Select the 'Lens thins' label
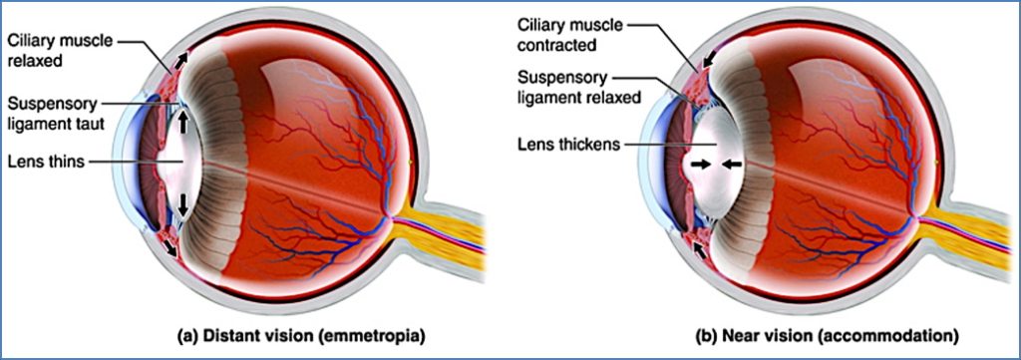[44, 162]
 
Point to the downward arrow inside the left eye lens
[184, 204]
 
